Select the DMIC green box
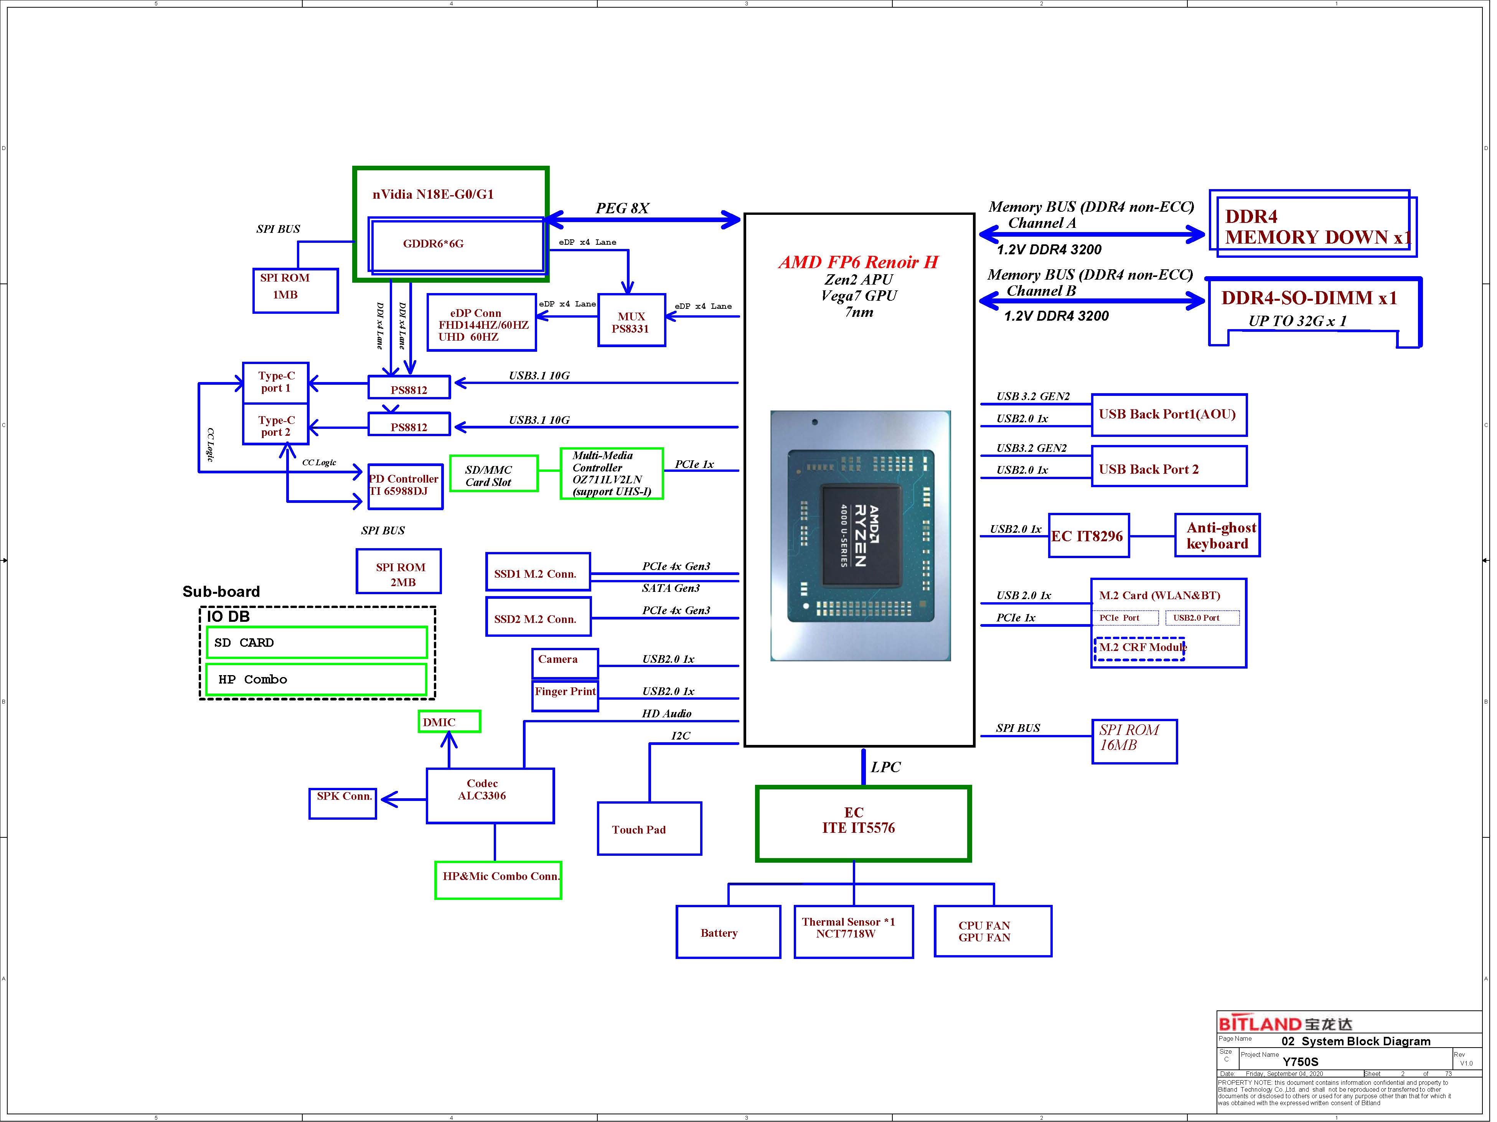pos(449,722)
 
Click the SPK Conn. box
pos(343,803)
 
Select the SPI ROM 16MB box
pos(1135,742)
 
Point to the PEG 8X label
pos(622,208)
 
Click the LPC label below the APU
pos(886,767)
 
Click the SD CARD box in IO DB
pos(317,642)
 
